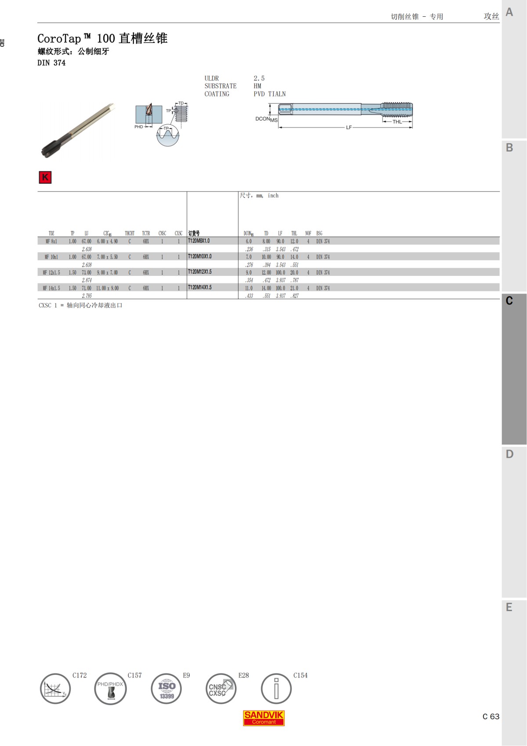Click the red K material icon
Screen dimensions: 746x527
(x=45, y=177)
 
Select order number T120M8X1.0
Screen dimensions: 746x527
(x=199, y=241)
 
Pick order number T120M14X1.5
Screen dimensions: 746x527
(x=200, y=287)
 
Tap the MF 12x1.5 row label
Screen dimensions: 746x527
(x=51, y=272)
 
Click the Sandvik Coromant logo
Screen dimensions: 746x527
(x=264, y=717)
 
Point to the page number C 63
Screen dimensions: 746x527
(x=491, y=717)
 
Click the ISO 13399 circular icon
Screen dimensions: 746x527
(x=166, y=689)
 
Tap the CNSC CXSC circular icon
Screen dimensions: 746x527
(x=221, y=689)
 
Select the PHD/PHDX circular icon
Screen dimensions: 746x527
(x=110, y=689)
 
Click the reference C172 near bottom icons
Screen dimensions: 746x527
(x=79, y=675)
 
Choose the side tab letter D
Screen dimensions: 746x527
(x=509, y=454)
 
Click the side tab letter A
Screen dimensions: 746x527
(x=509, y=12)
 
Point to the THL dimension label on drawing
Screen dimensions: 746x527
(x=397, y=122)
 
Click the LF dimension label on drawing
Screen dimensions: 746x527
(x=349, y=127)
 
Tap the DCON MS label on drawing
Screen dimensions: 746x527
(x=266, y=119)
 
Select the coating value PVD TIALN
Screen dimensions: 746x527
(x=270, y=94)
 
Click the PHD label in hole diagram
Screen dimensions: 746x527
(x=139, y=127)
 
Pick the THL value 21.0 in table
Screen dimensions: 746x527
(x=294, y=288)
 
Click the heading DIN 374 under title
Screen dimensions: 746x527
(x=51, y=63)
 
